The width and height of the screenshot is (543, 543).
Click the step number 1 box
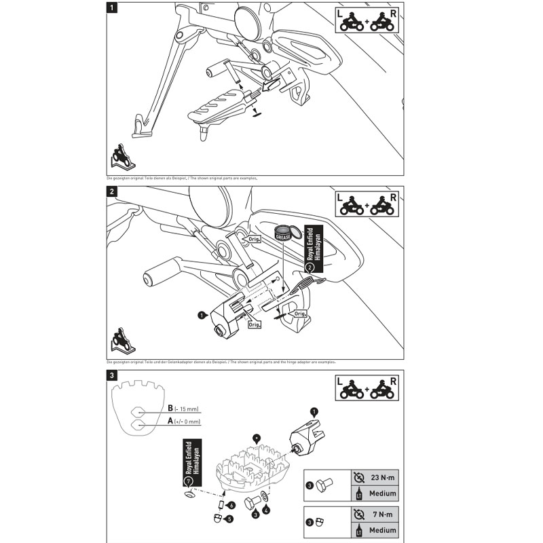111,9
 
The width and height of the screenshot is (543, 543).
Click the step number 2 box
112,192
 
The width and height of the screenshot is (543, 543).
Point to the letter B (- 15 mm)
170,409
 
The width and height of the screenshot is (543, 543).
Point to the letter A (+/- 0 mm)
170,422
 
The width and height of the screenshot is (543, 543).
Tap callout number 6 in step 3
231,506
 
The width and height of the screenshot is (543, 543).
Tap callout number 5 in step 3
229,519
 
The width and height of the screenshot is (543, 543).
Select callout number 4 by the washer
266,510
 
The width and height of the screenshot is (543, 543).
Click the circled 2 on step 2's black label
310,267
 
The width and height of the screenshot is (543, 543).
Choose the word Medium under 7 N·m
383,530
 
